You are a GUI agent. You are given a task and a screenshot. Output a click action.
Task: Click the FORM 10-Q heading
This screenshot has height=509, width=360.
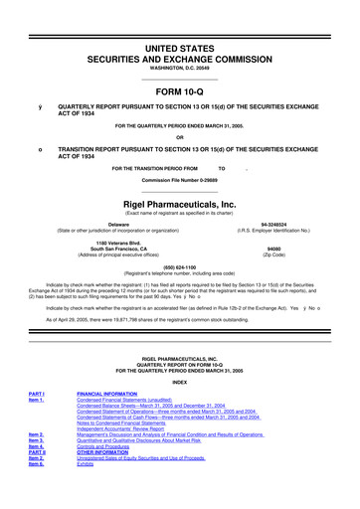(180, 85)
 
